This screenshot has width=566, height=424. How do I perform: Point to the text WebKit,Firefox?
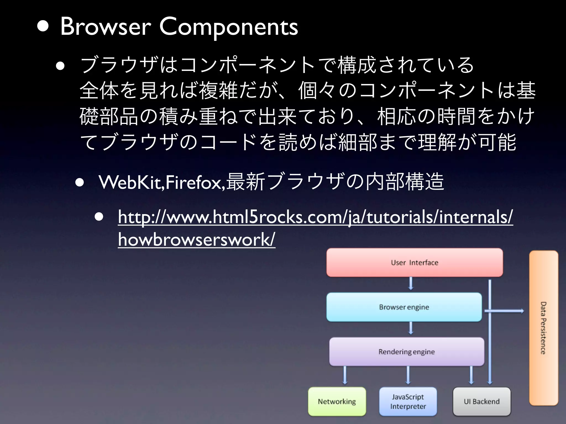tap(162, 182)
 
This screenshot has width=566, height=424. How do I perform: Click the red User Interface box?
tap(414, 263)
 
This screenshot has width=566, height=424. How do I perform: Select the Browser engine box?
tap(404, 307)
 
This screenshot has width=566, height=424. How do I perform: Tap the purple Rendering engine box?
tap(406, 352)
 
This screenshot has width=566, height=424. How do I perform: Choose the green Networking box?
tap(337, 401)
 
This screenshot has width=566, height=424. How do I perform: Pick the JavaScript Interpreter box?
tap(408, 401)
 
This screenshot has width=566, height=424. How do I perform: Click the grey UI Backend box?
tap(481, 401)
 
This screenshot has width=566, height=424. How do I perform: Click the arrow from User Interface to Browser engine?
tap(411, 284)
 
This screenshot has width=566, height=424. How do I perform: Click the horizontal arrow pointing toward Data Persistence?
tap(504, 311)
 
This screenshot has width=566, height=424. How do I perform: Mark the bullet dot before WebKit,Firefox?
tap(80, 183)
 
